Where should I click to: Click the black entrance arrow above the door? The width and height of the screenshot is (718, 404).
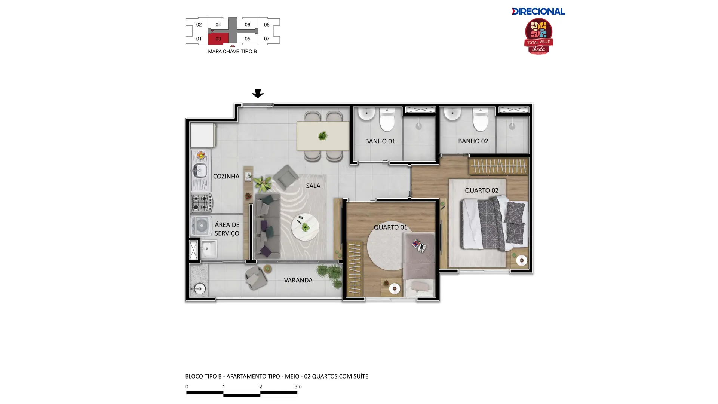(258, 93)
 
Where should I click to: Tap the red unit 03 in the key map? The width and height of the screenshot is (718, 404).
(218, 39)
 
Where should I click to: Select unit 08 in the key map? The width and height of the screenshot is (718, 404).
(267, 25)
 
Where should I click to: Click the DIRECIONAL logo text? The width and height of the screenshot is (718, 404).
(538, 11)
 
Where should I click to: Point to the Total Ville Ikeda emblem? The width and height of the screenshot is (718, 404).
(538, 36)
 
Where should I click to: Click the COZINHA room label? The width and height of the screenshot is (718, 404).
(226, 176)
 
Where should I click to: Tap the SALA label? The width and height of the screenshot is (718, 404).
(313, 186)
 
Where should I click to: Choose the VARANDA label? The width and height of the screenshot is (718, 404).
(298, 280)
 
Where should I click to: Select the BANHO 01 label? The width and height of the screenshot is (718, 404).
(380, 141)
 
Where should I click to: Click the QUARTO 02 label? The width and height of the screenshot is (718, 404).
(482, 190)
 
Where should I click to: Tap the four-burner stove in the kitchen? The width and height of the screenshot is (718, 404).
(202, 203)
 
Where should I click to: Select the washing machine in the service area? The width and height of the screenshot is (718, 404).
(202, 226)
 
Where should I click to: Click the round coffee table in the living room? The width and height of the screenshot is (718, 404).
(305, 227)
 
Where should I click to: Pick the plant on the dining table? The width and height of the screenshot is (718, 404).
(323, 135)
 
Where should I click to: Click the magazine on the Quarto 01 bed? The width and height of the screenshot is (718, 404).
(419, 246)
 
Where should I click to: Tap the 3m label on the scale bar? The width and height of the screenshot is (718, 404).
(298, 386)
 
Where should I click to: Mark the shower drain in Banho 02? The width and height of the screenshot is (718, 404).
(512, 126)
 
